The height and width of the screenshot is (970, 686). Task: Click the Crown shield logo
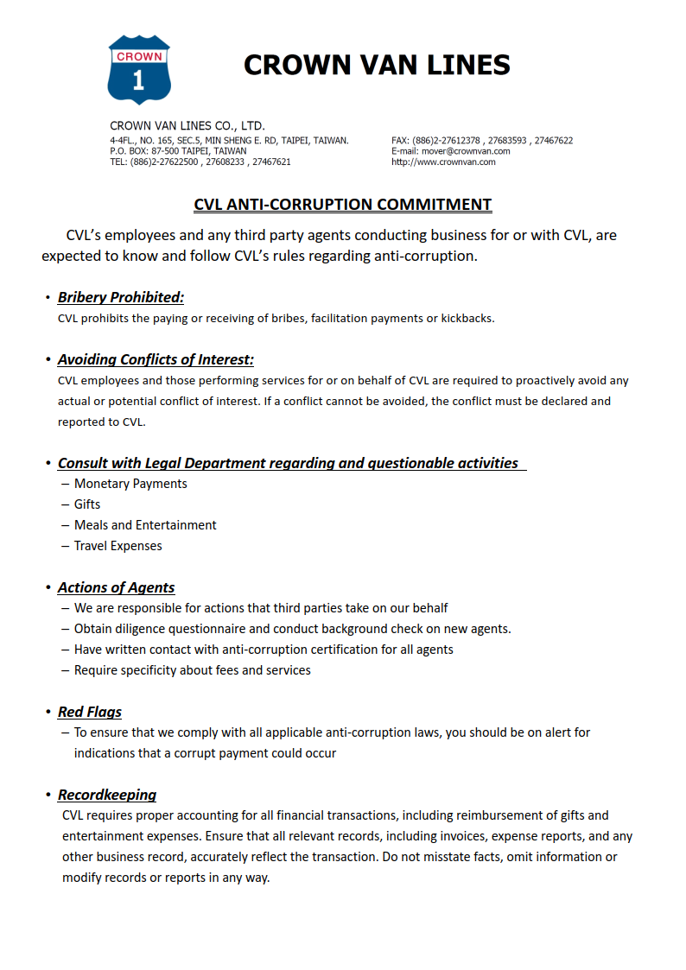tap(139, 69)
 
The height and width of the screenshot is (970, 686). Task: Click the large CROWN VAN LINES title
tap(377, 65)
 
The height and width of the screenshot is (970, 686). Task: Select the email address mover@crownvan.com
tap(466, 151)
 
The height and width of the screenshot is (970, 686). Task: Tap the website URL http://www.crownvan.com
tap(443, 162)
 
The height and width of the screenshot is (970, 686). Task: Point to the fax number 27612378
tap(460, 140)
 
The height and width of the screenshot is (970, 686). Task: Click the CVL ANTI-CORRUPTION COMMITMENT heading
tap(343, 205)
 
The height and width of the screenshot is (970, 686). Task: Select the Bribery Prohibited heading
tap(121, 298)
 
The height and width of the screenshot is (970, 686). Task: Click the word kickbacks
tap(467, 318)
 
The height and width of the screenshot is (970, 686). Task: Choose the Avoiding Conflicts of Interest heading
tap(156, 360)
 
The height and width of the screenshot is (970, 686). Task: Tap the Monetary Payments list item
tap(130, 484)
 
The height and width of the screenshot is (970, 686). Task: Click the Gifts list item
tap(87, 504)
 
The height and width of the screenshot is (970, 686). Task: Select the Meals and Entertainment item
tap(145, 525)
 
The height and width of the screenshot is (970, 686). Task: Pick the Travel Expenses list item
tap(118, 546)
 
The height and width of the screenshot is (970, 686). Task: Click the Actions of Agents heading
tap(116, 588)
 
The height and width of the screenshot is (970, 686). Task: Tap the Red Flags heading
tap(90, 713)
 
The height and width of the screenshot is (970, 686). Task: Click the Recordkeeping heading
tap(107, 796)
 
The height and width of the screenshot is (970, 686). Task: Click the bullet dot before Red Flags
tap(48, 713)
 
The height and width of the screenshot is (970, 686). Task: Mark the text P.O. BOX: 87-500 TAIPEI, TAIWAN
tap(178, 151)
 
